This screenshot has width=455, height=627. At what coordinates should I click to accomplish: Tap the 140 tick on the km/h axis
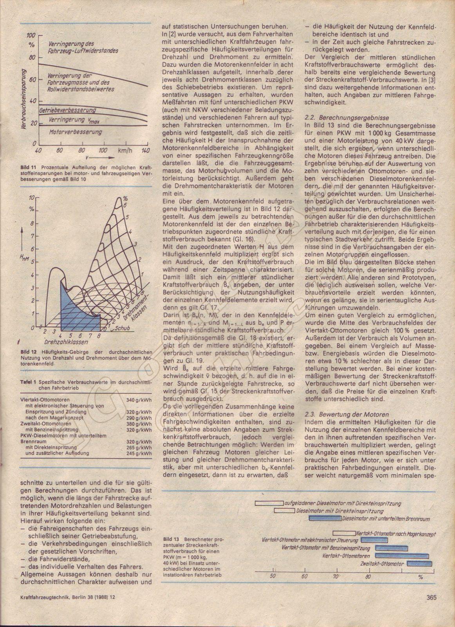pos(146,150)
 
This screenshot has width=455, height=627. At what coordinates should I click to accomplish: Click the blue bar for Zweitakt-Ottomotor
pos(419,564)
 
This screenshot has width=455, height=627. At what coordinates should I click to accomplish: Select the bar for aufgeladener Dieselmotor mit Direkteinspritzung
pos(269,503)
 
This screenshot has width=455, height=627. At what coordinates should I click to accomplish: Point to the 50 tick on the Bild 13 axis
pos(273,576)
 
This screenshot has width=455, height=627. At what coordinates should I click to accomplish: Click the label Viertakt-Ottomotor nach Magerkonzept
pos(396,533)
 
